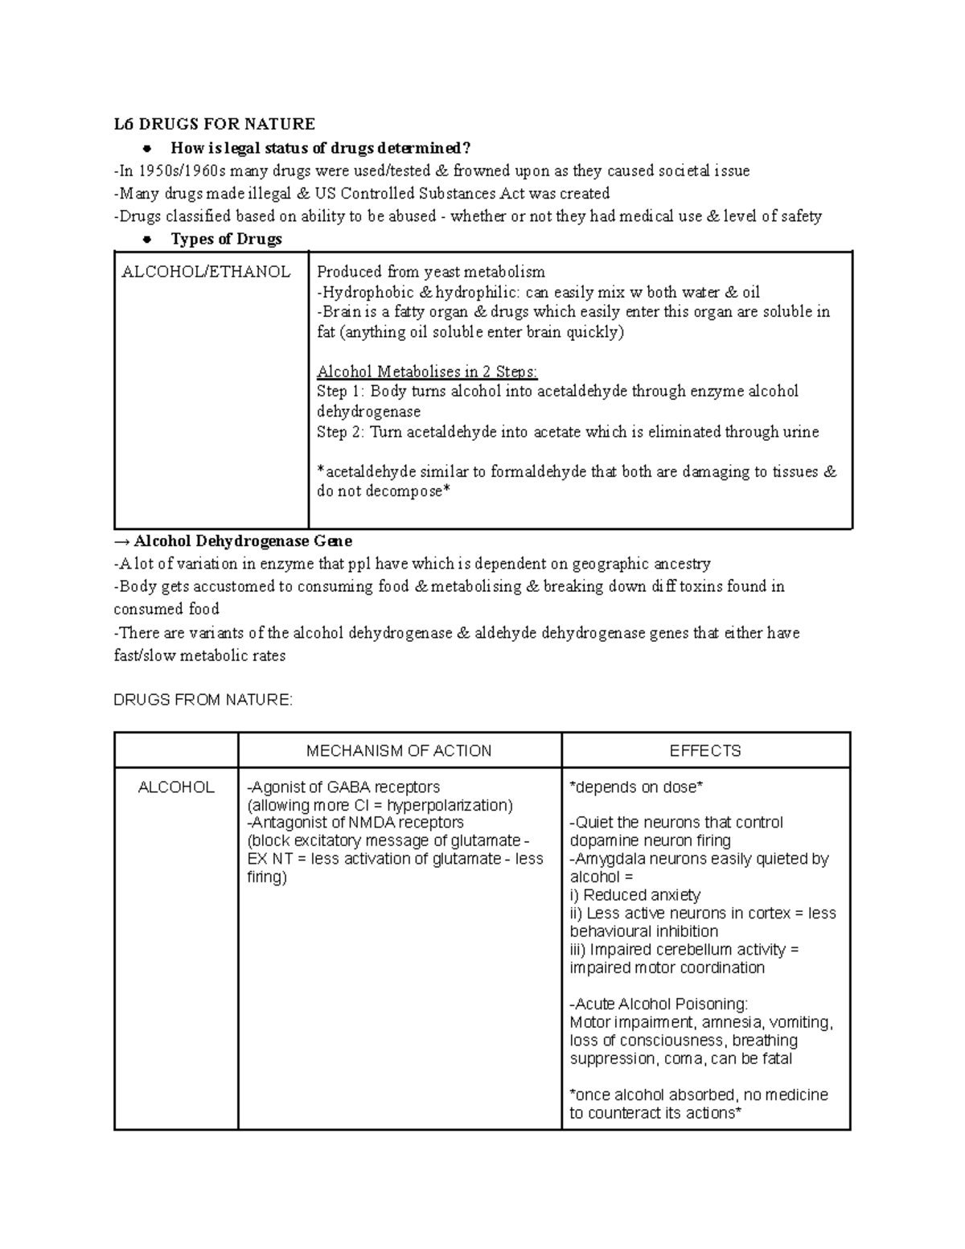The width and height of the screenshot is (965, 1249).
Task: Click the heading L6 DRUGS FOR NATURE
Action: pos(214,124)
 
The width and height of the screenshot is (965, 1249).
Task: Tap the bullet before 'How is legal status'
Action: pos(146,148)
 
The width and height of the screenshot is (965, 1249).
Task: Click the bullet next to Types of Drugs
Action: pos(146,240)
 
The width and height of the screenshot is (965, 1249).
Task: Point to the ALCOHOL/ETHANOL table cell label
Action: pos(206,272)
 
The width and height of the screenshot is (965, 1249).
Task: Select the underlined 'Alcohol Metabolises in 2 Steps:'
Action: pos(427,372)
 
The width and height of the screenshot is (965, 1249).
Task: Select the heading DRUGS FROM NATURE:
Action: pos(203,701)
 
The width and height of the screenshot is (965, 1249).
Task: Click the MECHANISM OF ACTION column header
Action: pos(399,751)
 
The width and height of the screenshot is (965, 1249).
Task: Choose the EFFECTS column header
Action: pos(705,751)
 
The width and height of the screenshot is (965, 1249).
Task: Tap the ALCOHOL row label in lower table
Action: pos(176,787)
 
